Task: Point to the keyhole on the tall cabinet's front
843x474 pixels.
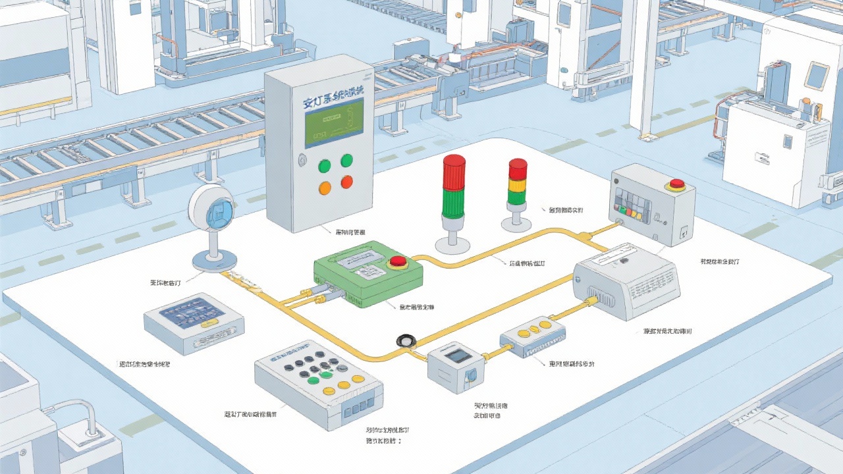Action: [x=302, y=159]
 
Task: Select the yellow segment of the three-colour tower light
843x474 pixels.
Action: [x=518, y=184]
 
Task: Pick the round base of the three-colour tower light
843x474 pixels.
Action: [x=516, y=224]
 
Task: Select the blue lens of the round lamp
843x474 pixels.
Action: [x=221, y=212]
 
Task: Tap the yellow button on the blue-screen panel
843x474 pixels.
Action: [x=209, y=323]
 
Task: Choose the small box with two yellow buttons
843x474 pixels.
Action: [x=534, y=335]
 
